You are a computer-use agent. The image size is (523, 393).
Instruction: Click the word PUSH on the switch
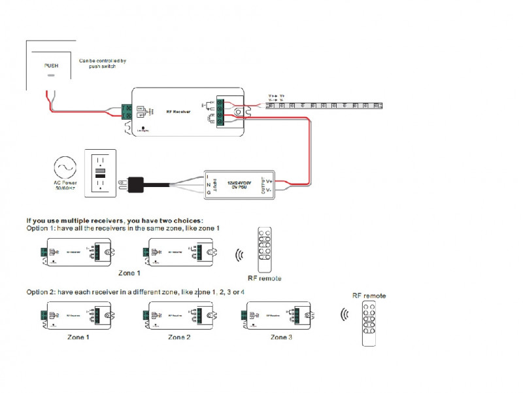[x=51, y=65]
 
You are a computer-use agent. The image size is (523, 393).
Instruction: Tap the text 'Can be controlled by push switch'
[x=103, y=63]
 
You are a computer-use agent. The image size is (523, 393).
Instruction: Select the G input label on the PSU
[x=208, y=192]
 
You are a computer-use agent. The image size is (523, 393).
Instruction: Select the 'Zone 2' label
[x=179, y=337]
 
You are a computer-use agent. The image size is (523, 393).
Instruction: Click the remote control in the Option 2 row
[x=371, y=324]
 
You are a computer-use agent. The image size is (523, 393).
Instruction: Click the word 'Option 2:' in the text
[x=43, y=291]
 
